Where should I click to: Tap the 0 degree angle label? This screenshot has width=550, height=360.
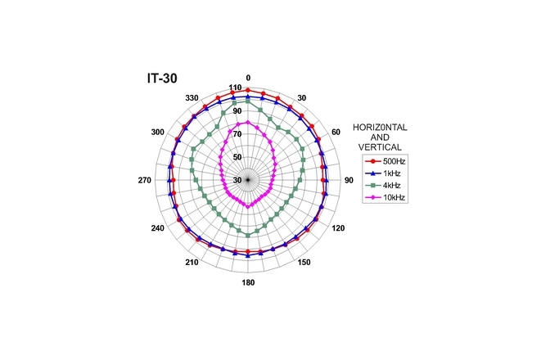[x=248, y=78]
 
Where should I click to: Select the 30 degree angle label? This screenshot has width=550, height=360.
[x=301, y=98]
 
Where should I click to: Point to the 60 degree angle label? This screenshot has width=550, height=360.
[x=336, y=132]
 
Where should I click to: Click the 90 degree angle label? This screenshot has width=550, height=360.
[x=348, y=181]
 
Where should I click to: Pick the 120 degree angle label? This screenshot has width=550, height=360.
[x=336, y=229]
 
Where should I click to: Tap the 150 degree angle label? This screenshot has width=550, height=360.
[x=304, y=263]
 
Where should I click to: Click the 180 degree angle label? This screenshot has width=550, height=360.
[x=248, y=283]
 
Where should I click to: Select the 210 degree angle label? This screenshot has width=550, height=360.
[x=192, y=263]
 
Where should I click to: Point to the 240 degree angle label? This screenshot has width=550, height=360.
[x=158, y=229]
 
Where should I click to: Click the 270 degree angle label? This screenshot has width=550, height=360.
[x=147, y=181]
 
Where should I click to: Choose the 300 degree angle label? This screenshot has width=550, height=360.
[x=158, y=132]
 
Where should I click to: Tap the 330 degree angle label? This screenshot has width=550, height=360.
[x=193, y=98]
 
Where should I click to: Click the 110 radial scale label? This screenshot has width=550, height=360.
[x=235, y=88]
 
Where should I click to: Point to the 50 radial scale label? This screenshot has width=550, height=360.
[x=237, y=157]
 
